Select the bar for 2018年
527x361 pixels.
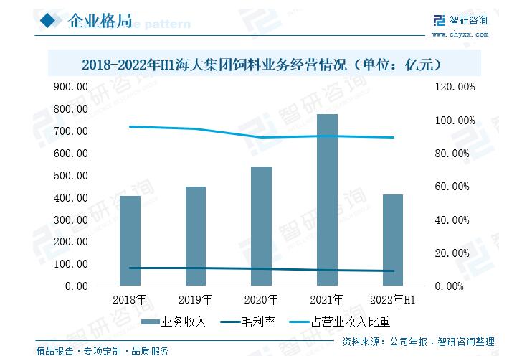130,240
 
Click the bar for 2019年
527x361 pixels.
196,236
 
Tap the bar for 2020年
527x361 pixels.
261,226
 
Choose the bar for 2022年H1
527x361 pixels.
393,240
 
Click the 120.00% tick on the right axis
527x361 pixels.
457,87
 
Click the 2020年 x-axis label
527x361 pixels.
261,299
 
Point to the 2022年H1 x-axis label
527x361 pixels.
393,299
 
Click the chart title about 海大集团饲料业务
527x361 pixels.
261,64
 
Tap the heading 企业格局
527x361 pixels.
99,21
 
